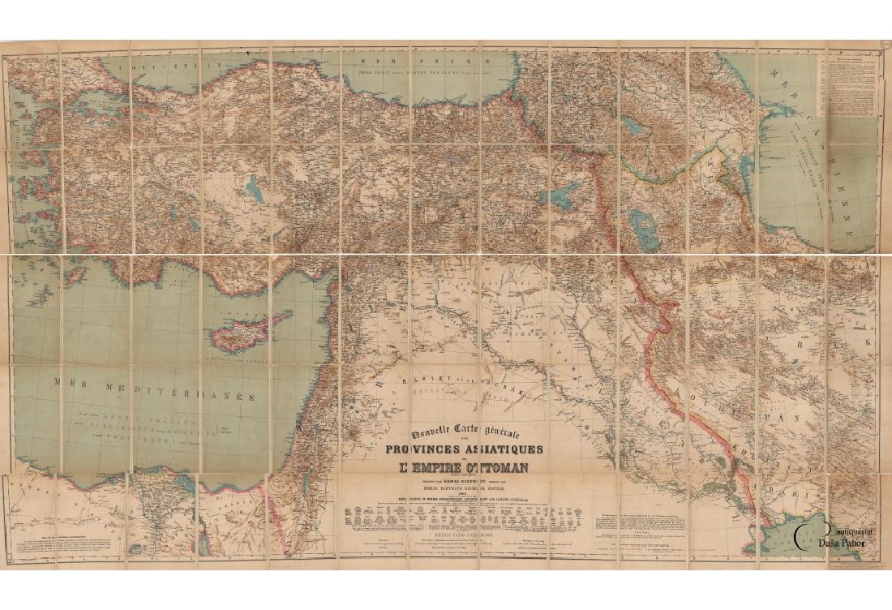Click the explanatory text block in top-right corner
[x=853, y=81]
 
